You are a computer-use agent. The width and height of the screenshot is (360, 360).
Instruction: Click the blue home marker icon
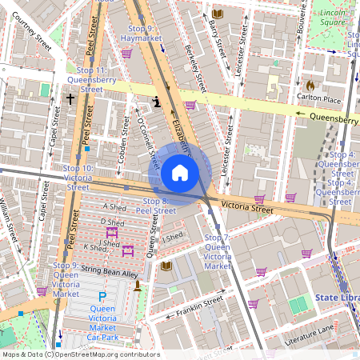(180, 172)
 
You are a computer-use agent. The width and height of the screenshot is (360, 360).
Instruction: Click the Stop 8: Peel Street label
(155, 205)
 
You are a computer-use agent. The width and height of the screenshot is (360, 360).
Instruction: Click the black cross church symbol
(70, 99)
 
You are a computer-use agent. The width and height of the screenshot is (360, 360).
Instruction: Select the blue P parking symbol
(102, 296)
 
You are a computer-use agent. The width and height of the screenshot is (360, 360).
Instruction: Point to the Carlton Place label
(320, 98)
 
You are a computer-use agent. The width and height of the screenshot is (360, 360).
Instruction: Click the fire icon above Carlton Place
(310, 84)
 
